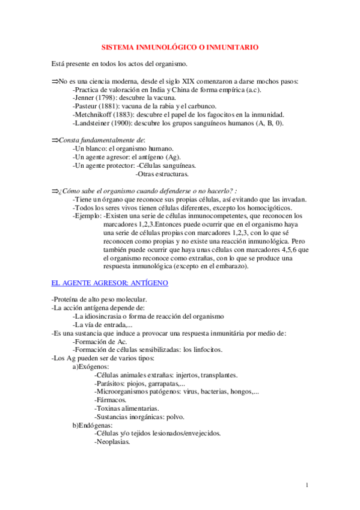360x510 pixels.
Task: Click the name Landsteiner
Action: point(93,123)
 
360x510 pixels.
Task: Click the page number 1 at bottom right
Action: point(307,485)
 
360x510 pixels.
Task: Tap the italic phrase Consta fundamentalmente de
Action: point(102,140)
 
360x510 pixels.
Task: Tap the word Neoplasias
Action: point(112,441)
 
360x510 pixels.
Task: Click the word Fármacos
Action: point(111,399)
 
